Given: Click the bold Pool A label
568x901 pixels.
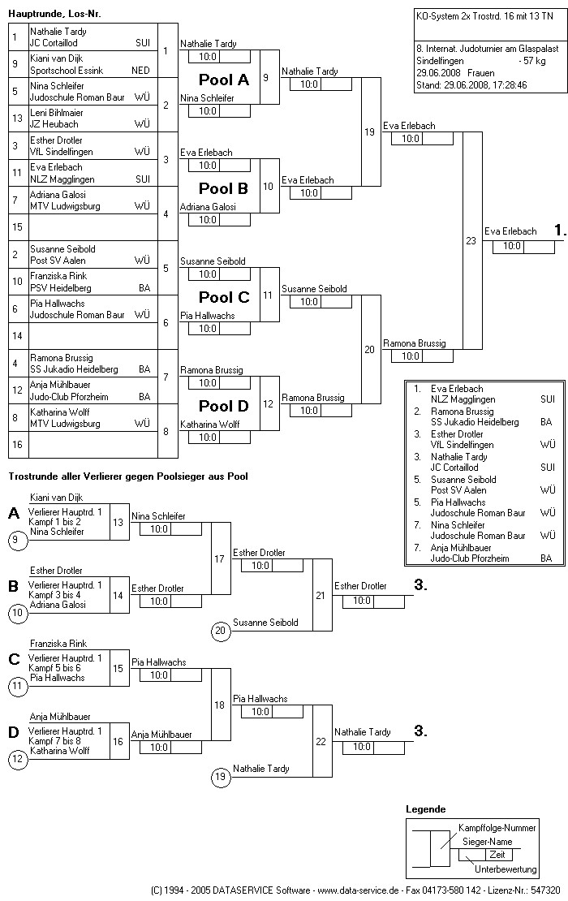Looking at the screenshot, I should [224, 80].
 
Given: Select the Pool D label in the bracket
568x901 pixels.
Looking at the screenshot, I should [224, 406].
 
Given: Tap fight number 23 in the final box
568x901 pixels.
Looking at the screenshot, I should [471, 240].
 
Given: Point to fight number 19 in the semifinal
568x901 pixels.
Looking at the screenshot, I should [369, 131].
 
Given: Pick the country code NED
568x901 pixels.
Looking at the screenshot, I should [140, 71].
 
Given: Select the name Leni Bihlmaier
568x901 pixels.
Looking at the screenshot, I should [56, 113].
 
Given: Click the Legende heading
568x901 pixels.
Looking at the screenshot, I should [426, 809].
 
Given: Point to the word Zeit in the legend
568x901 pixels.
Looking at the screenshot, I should [497, 855].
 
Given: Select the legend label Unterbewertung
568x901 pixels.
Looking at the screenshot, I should [506, 869].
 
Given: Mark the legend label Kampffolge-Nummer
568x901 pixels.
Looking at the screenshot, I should [497, 828].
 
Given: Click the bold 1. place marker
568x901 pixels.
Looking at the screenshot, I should [559, 231].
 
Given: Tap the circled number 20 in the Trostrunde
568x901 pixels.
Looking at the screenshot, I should [220, 630].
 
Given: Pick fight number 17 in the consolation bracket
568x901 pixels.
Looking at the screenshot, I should [219, 558].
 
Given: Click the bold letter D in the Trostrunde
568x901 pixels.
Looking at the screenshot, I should [13, 732].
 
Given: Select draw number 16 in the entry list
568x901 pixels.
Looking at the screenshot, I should [15, 445].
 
